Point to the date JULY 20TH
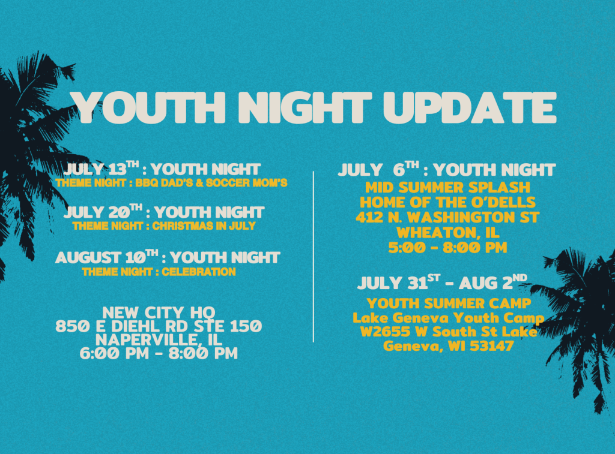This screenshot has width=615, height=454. coord(103,211)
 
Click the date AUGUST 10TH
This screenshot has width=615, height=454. coord(107,257)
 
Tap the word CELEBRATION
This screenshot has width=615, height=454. coord(199,272)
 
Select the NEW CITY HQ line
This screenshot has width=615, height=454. coord(159,312)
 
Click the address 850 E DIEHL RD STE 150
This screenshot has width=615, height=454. coord(159,326)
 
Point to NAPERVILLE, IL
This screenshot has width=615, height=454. coord(159,339)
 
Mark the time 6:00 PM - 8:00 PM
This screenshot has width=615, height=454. coord(159,353)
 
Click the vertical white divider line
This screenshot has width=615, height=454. coord(314,257)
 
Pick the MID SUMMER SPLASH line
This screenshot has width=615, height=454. coord(447,187)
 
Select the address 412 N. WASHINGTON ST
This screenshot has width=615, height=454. coord(447,217)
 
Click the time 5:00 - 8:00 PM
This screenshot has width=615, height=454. coord(447,248)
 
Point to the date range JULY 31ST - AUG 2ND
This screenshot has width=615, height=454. coord(442,282)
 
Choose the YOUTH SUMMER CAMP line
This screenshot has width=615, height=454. coord(449,303)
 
